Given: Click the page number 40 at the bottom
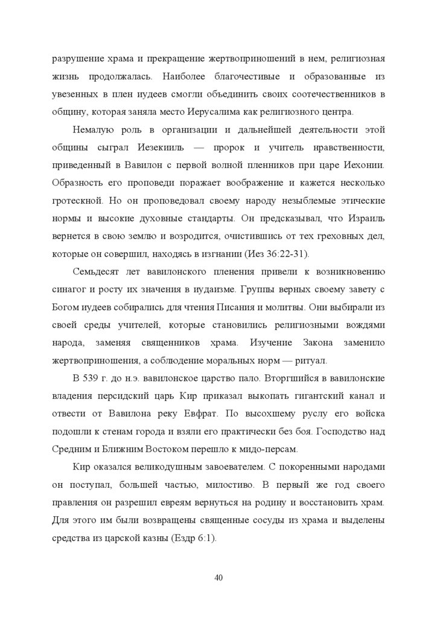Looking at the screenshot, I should (x=218, y=578).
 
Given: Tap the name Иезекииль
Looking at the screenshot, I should (x=179, y=147).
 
